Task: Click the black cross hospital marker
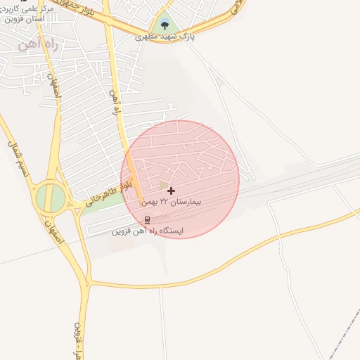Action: point(171,191)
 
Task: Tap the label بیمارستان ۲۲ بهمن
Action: point(172,202)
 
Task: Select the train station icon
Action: point(146,219)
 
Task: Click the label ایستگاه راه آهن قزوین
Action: point(148,230)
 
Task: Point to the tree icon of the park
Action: point(165,26)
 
